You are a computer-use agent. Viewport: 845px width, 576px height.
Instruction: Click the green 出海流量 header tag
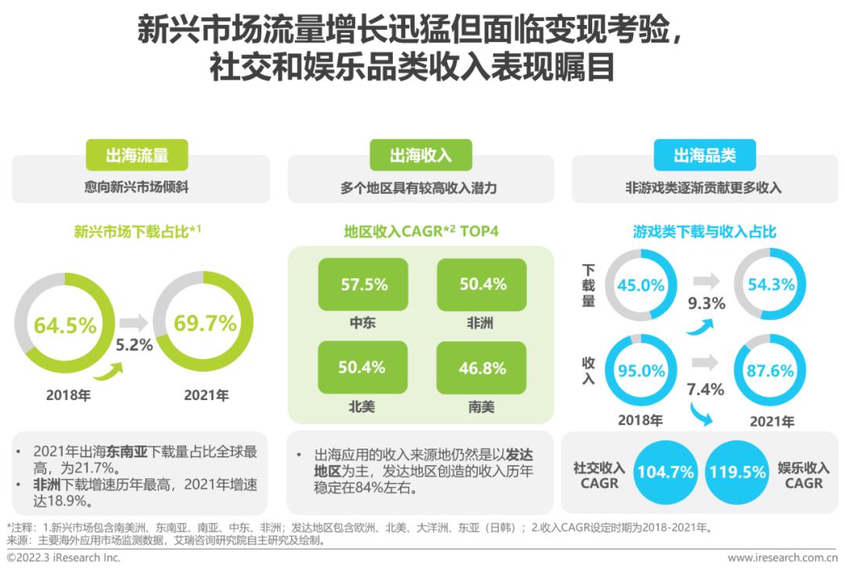pyautogui.click(x=137, y=155)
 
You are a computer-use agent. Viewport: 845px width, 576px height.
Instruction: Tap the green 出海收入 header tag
pyautogui.click(x=421, y=155)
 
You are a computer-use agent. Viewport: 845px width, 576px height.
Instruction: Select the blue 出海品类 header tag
pyautogui.click(x=705, y=155)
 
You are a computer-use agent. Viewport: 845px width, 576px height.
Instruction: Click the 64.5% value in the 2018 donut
pyautogui.click(x=65, y=324)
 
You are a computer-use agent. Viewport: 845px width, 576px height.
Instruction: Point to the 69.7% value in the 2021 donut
pyautogui.click(x=204, y=322)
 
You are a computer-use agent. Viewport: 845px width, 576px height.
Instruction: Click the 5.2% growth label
pyautogui.click(x=134, y=345)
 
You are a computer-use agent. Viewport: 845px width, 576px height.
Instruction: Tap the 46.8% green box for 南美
pyautogui.click(x=482, y=367)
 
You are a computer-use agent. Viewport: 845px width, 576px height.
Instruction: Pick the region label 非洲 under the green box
pyautogui.click(x=482, y=322)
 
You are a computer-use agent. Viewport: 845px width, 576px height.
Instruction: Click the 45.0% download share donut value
pyautogui.click(x=640, y=285)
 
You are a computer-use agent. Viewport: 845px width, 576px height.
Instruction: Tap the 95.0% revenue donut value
pyautogui.click(x=640, y=371)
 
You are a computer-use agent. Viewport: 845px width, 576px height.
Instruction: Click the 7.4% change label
pyautogui.click(x=705, y=388)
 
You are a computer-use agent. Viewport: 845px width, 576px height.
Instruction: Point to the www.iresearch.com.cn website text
pyautogui.click(x=782, y=558)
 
